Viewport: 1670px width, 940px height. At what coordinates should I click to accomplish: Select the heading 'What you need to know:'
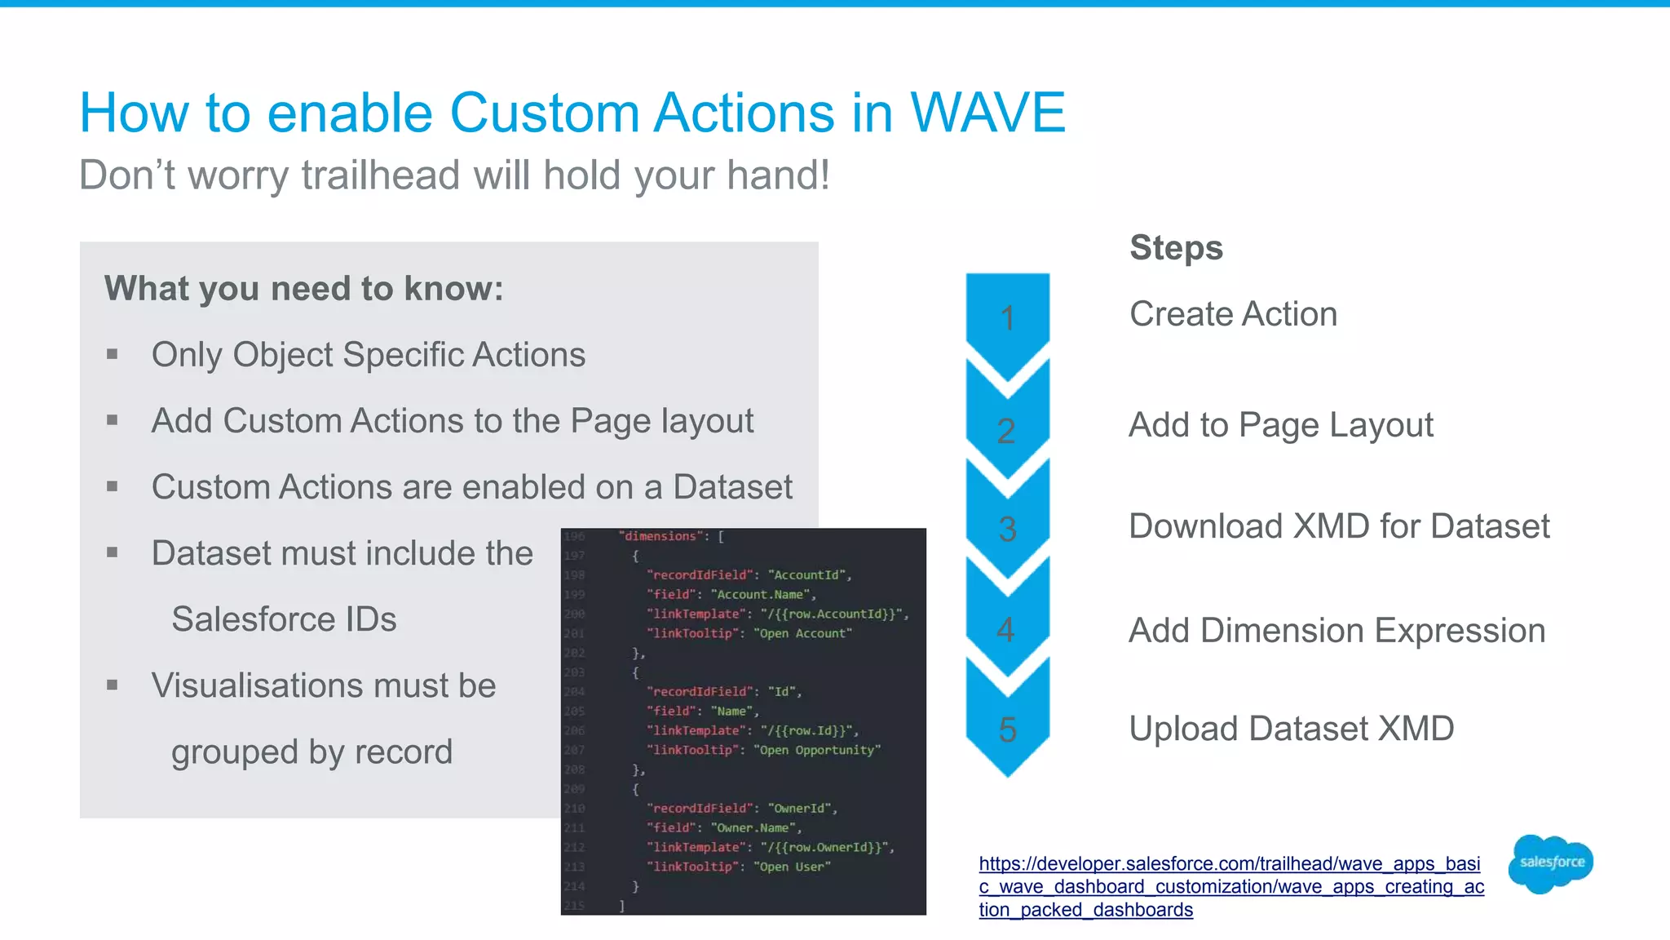(304, 289)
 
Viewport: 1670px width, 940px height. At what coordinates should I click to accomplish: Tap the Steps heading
(1176, 248)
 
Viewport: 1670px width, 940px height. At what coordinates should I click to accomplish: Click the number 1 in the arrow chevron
(1008, 318)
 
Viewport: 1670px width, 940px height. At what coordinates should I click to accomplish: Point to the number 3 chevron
(1008, 530)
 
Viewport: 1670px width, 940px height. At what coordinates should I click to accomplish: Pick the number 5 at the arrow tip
(1008, 729)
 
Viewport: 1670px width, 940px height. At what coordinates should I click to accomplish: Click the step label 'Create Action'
(1233, 314)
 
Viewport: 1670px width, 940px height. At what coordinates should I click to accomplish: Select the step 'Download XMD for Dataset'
(1339, 526)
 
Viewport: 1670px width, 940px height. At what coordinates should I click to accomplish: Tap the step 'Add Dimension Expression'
(1336, 631)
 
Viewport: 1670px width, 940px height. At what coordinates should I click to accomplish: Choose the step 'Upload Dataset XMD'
(1291, 729)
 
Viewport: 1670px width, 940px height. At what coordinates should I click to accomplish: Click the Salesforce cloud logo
(1551, 863)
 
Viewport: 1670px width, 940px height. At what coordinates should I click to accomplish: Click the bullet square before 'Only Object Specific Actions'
(113, 354)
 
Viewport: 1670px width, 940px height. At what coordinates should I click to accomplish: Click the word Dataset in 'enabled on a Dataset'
(732, 487)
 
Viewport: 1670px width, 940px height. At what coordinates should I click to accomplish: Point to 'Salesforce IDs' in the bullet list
(284, 619)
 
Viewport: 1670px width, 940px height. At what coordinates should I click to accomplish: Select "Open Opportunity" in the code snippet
(817, 750)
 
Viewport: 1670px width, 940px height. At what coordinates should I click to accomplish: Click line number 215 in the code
(574, 906)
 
